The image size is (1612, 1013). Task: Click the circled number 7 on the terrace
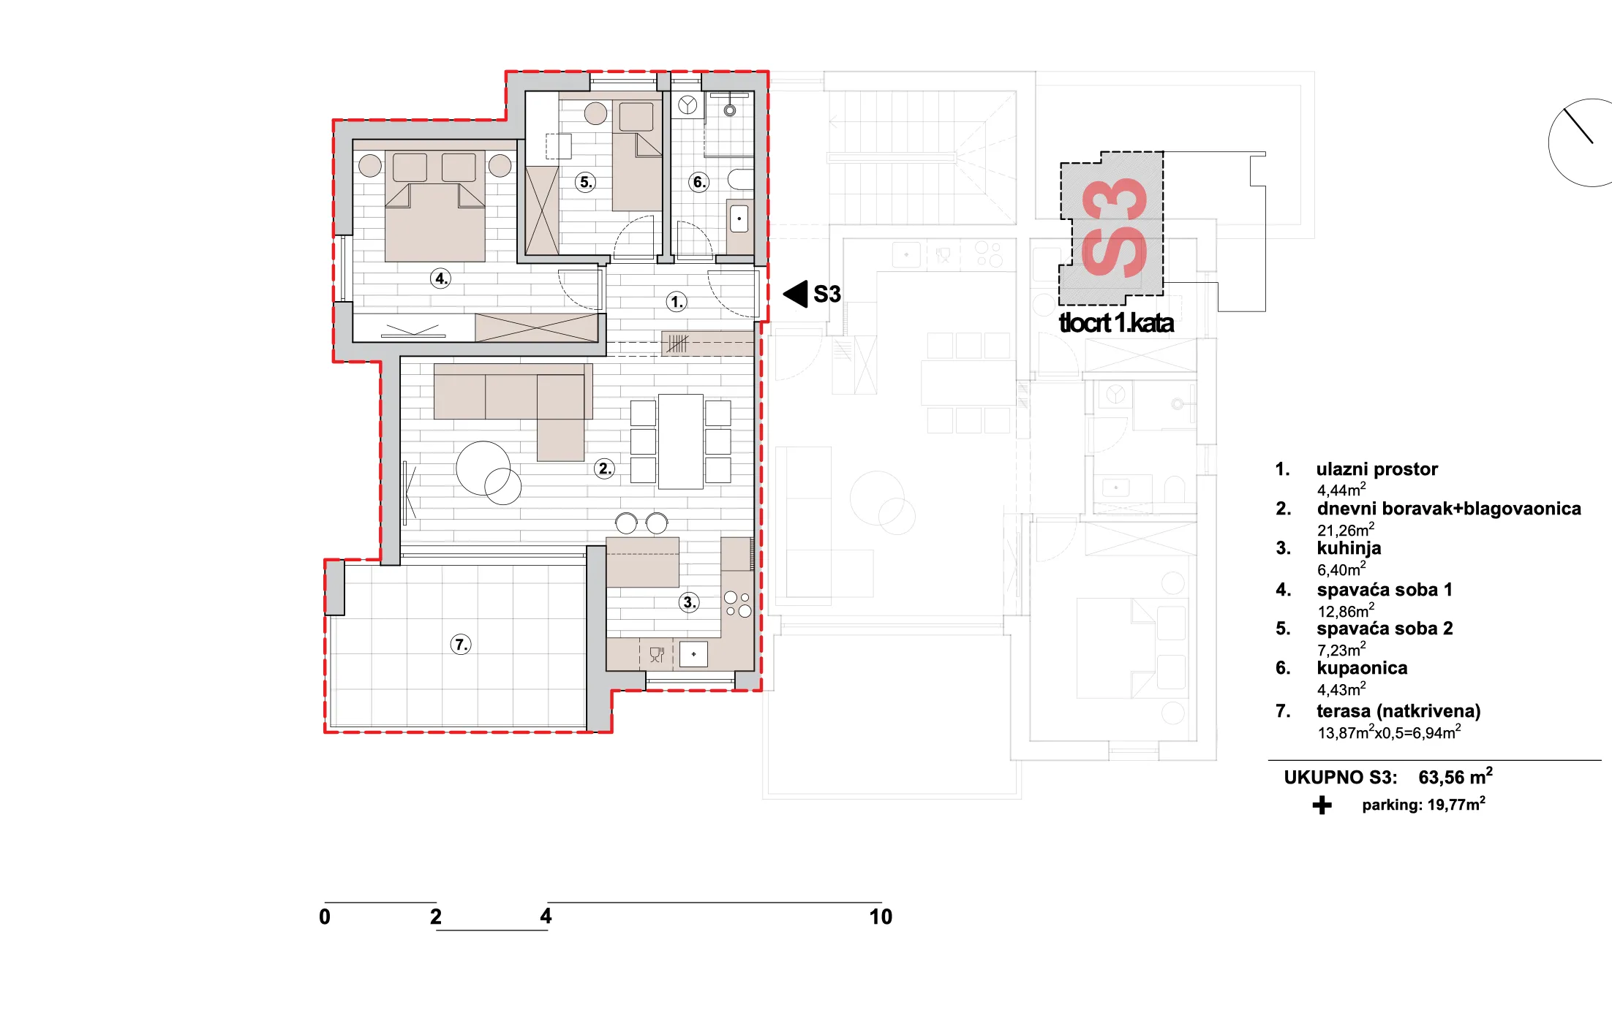click(x=461, y=645)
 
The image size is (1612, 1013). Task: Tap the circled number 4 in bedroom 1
click(x=440, y=278)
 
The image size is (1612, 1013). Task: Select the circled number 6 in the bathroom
click(x=699, y=182)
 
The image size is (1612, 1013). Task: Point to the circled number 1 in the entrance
click(x=677, y=301)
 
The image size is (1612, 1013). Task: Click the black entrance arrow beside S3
click(x=795, y=294)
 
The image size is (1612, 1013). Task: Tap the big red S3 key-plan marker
click(x=1113, y=228)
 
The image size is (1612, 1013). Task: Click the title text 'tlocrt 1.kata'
click(x=1116, y=323)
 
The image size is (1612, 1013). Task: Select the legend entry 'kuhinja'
click(x=1349, y=548)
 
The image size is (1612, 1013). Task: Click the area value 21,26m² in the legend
click(x=1346, y=530)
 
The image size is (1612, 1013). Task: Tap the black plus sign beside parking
click(x=1322, y=805)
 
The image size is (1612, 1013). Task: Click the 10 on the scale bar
click(x=881, y=917)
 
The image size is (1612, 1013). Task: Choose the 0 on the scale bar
click(x=325, y=917)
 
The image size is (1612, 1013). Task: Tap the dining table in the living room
click(x=681, y=441)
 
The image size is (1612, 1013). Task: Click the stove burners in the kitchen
click(x=737, y=604)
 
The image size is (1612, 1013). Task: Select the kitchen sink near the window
click(x=693, y=654)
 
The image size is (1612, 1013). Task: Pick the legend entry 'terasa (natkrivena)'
click(x=1398, y=711)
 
